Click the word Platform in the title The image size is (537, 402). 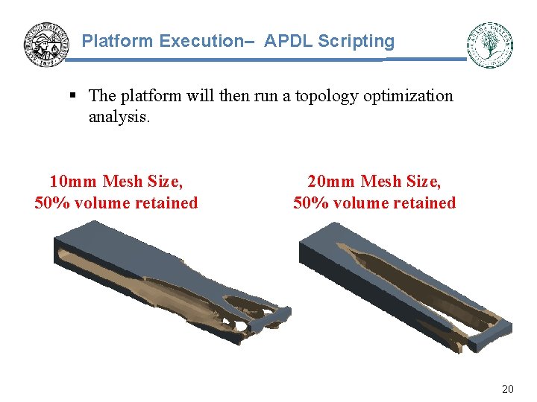click(118, 41)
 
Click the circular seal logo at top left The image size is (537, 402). click(46, 44)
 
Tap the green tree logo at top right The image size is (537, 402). click(490, 45)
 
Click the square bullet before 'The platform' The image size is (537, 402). click(73, 96)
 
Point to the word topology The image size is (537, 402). click(327, 96)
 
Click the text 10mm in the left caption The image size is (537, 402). click(73, 181)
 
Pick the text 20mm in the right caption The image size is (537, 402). click(331, 181)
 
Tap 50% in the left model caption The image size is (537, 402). click(51, 202)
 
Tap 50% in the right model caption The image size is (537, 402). click(310, 202)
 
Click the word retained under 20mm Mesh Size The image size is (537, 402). click(424, 202)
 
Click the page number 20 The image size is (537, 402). click(507, 389)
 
